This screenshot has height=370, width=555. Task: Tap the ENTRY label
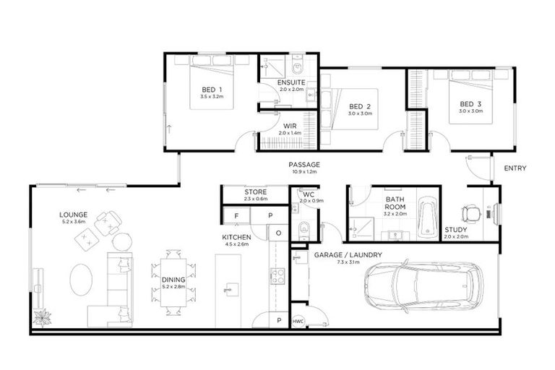[515, 168]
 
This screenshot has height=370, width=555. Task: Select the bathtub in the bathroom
[429, 215]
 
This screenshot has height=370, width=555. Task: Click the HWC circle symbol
[298, 320]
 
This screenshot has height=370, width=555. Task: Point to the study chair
[473, 211]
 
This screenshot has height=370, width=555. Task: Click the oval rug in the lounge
[82, 278]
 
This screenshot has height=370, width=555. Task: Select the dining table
[173, 283]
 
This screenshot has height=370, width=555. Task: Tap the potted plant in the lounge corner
[41, 317]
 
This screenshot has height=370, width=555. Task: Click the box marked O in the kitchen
[278, 233]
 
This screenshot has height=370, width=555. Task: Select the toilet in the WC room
[304, 230]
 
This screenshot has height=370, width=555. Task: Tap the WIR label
[289, 126]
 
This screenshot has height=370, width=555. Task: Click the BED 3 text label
[471, 103]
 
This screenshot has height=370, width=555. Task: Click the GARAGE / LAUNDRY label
[348, 255]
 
